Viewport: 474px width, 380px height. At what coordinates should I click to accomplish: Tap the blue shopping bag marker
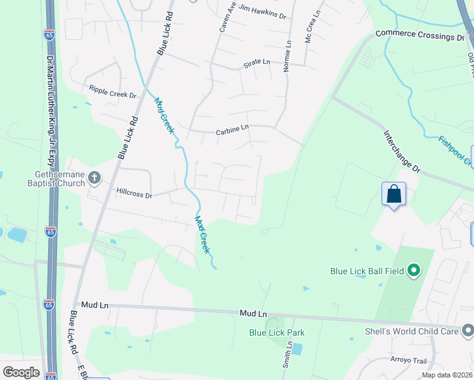(x=394, y=193)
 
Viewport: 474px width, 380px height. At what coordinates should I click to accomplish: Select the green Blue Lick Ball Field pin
(x=414, y=271)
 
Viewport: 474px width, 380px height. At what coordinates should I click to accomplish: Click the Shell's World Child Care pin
(x=468, y=330)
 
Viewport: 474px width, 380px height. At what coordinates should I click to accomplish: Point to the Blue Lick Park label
(x=277, y=332)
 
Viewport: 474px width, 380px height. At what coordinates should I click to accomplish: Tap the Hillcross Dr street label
(x=134, y=192)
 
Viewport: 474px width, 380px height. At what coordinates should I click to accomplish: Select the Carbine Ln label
(x=232, y=129)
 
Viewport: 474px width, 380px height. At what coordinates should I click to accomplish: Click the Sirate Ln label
(x=257, y=63)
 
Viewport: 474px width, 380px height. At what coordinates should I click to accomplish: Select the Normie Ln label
(x=287, y=56)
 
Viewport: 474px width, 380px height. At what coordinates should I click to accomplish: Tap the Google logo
(x=21, y=372)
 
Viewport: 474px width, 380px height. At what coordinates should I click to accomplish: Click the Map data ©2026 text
(x=447, y=375)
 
